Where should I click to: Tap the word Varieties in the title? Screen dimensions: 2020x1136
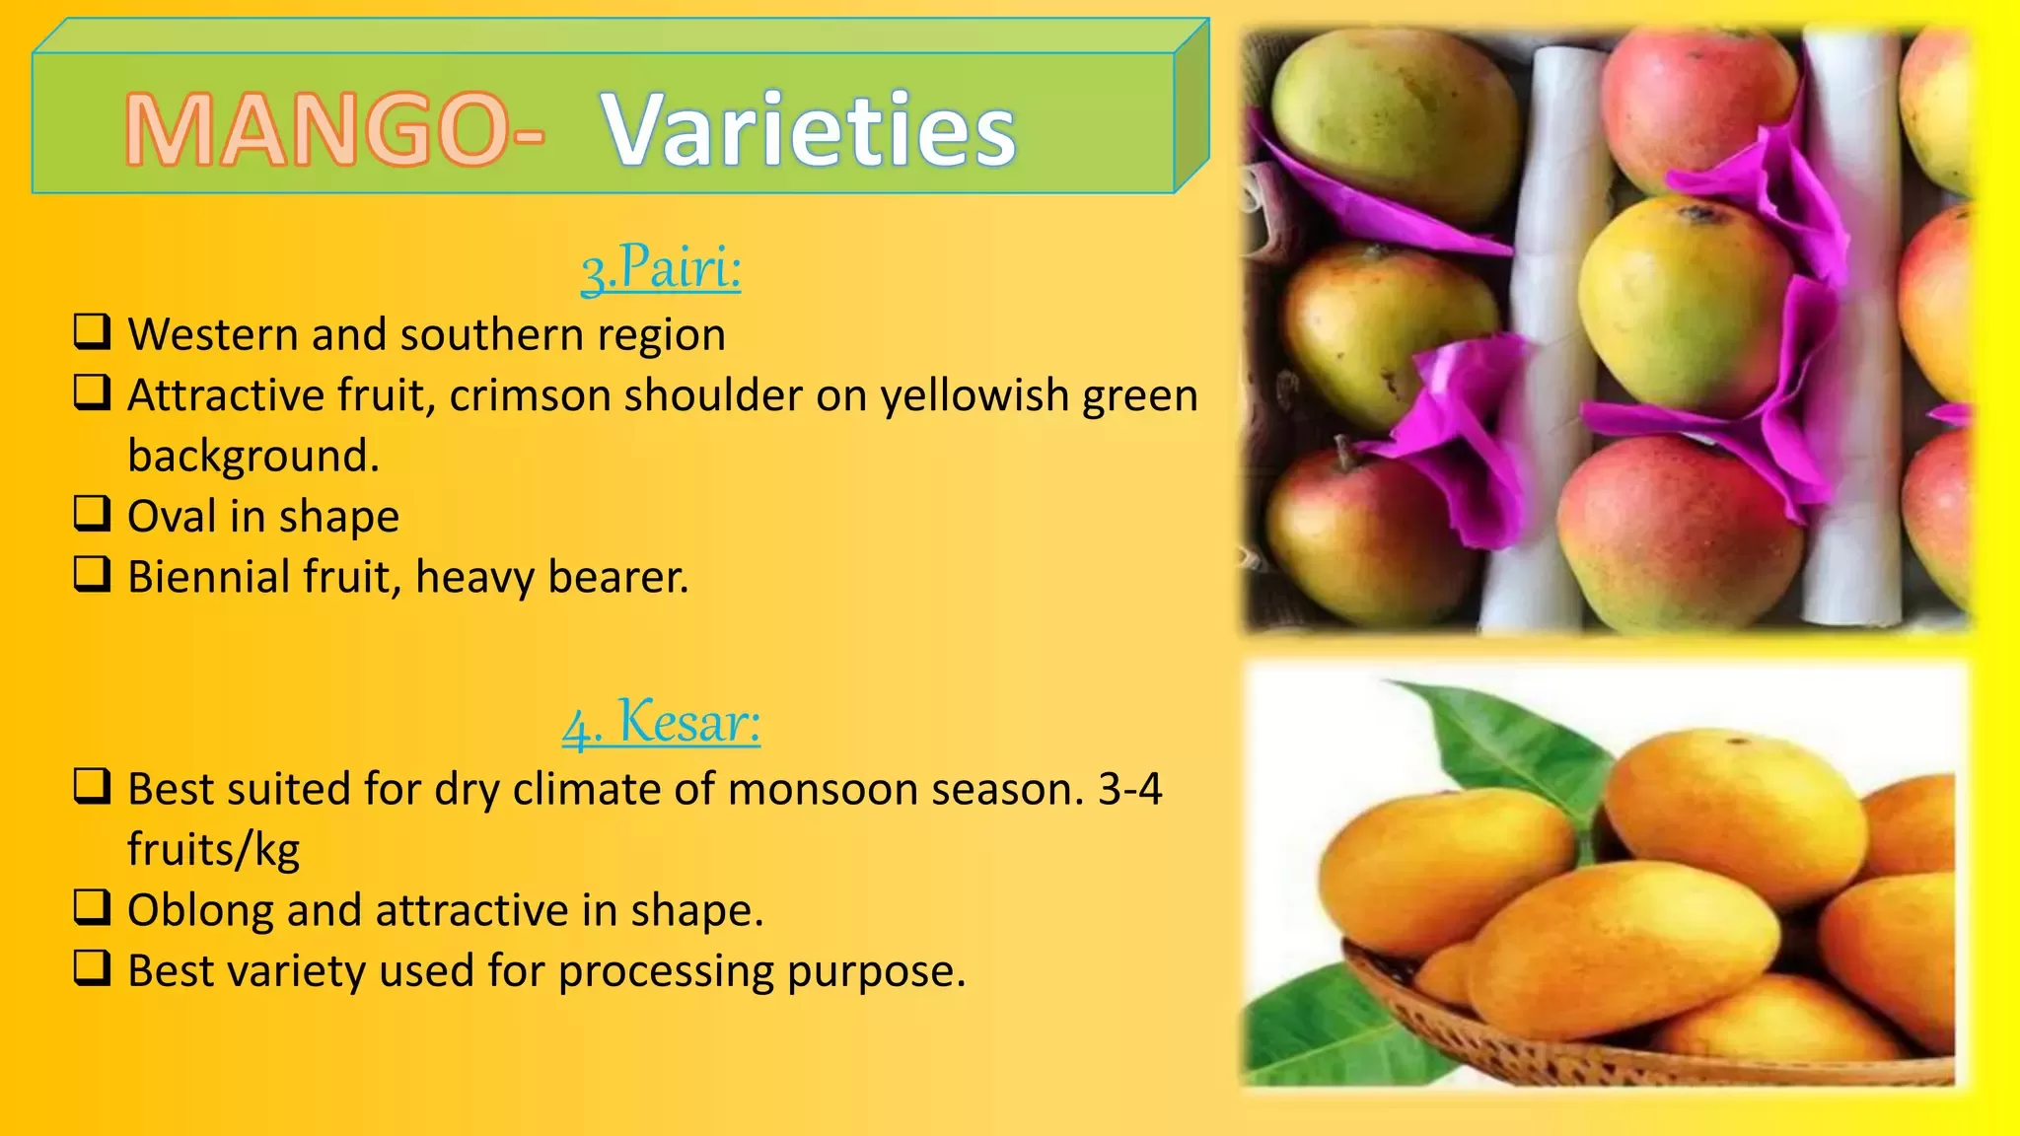pyautogui.click(x=809, y=129)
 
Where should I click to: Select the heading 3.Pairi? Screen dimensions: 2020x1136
pyautogui.click(x=661, y=267)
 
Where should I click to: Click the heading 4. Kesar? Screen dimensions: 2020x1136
pyautogui.click(x=661, y=722)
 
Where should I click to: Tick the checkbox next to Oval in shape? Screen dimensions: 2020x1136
pyautogui.click(x=93, y=513)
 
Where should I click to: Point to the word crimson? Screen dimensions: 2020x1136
pyautogui.click(x=530, y=395)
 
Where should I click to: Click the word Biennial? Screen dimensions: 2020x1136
pyautogui.click(x=208, y=577)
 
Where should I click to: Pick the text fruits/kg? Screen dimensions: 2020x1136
pyautogui.click(x=214, y=850)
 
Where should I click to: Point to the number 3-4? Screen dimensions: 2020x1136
pyautogui.click(x=1130, y=789)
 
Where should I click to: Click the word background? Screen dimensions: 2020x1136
pyautogui.click(x=253, y=457)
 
